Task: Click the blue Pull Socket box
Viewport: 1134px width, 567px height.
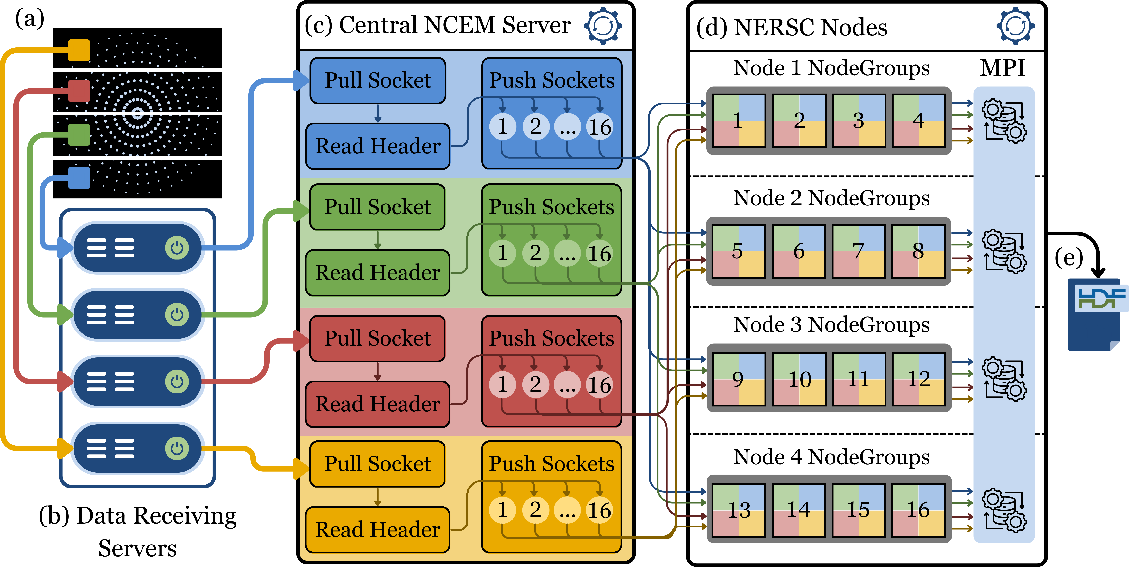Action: pyautogui.click(x=378, y=81)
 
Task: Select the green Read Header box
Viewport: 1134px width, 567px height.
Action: pyautogui.click(x=378, y=273)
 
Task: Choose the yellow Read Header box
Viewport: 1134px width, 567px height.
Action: pyautogui.click(x=378, y=530)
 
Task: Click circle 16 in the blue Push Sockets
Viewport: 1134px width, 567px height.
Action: pyautogui.click(x=600, y=127)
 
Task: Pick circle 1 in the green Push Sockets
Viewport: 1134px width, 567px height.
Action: pyautogui.click(x=502, y=253)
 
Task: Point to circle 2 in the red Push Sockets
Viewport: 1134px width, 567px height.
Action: pyautogui.click(x=535, y=384)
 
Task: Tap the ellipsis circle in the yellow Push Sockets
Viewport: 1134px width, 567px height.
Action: pyautogui.click(x=567, y=510)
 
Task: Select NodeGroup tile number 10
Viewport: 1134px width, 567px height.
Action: pyautogui.click(x=799, y=380)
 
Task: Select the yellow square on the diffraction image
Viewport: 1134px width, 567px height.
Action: pyautogui.click(x=79, y=50)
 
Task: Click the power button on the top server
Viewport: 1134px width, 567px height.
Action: pyautogui.click(x=177, y=248)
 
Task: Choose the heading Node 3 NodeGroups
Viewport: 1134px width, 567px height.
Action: pyautogui.click(x=831, y=325)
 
